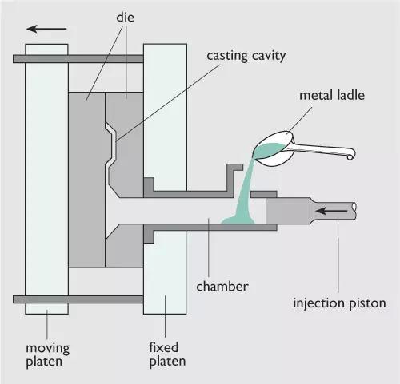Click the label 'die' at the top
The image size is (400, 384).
click(125, 18)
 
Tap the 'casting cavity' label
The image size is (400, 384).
click(246, 56)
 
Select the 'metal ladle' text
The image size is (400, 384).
click(332, 95)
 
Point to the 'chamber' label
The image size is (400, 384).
click(222, 287)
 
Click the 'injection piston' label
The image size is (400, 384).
click(339, 303)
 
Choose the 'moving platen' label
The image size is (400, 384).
click(47, 355)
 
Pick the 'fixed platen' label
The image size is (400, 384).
click(167, 354)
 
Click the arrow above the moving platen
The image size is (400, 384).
click(46, 29)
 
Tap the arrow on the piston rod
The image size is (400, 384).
click(331, 211)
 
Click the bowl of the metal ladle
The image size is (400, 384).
click(274, 149)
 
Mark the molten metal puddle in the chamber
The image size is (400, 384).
click(238, 220)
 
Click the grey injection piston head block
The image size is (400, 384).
click(288, 211)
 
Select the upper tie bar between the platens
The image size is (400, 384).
click(78, 59)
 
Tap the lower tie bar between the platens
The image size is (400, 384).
click(78, 299)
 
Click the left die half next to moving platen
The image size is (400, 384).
click(86, 180)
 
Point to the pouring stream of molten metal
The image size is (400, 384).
click(244, 186)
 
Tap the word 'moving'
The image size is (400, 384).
click(48, 349)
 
